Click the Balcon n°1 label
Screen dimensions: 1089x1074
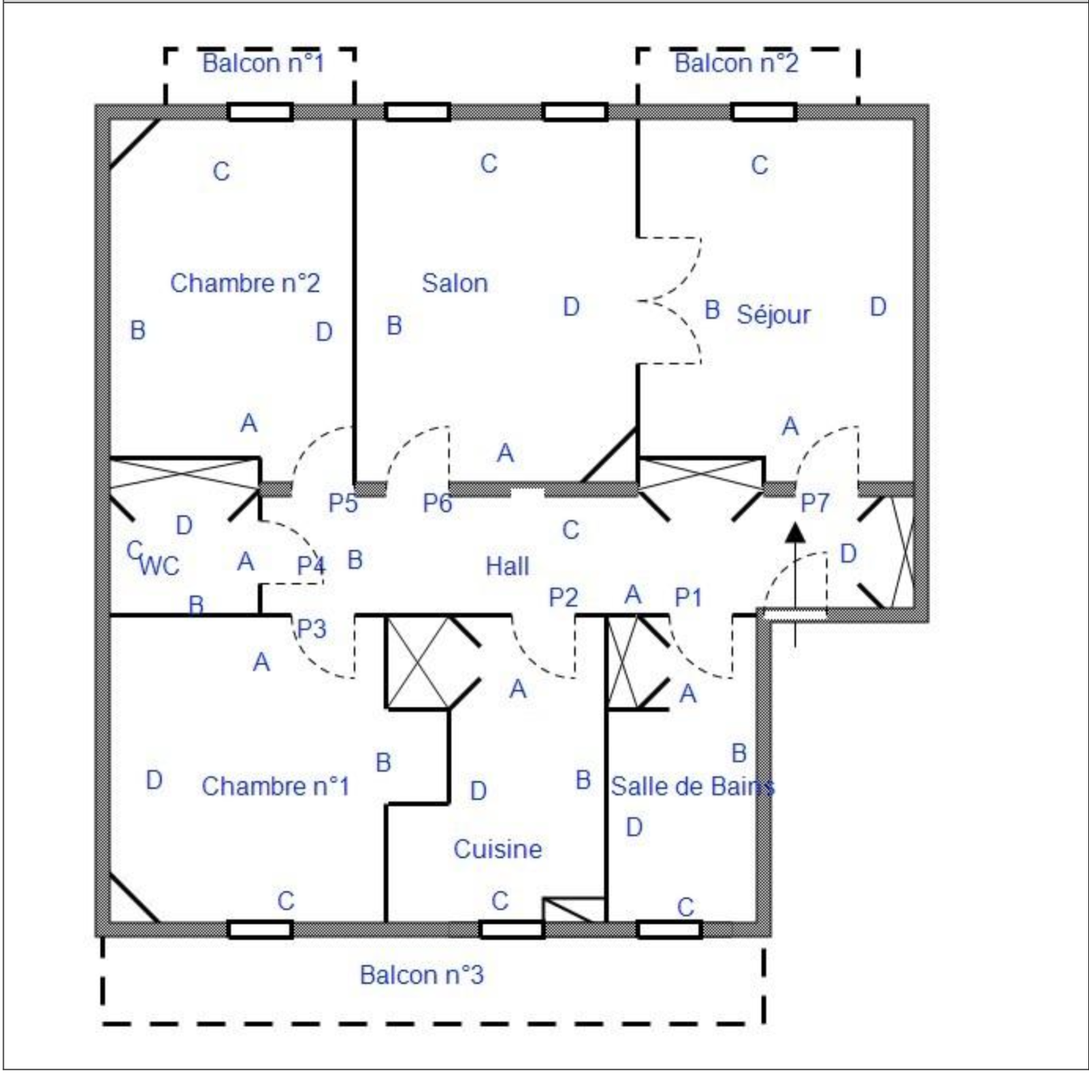tap(263, 63)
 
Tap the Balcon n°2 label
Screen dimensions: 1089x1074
tap(736, 63)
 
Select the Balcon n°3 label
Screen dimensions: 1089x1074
tap(422, 975)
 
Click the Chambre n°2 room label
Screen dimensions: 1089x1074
tap(245, 283)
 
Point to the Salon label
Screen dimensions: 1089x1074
tap(455, 283)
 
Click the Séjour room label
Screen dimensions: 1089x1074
tap(774, 314)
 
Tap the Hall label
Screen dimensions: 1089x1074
tap(507, 566)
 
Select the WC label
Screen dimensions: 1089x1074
tap(160, 566)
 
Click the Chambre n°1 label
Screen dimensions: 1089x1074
tap(276, 786)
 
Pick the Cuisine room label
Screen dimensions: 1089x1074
tap(498, 849)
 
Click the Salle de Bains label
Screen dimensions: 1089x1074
tap(693, 786)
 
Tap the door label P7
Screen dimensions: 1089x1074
tap(815, 503)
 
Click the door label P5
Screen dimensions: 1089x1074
tap(343, 503)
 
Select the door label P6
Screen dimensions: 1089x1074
tap(437, 503)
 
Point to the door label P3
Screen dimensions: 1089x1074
tap(312, 628)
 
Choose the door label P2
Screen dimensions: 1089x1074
tap(564, 597)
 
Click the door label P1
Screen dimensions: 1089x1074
tap(688, 597)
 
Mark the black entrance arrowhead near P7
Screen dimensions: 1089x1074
tap(795, 533)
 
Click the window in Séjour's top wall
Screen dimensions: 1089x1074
tap(764, 112)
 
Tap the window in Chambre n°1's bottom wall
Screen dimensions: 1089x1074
tap(260, 929)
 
